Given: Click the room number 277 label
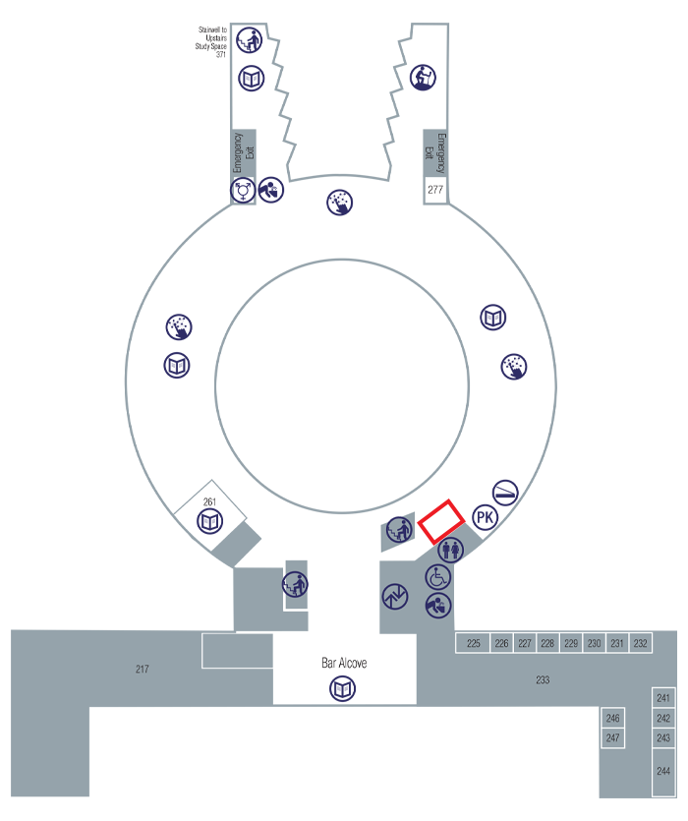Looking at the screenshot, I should [x=435, y=189].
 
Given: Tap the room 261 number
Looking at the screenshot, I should [x=209, y=502].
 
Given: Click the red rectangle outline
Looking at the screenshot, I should [x=441, y=521].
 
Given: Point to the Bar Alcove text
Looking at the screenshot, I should [x=344, y=664].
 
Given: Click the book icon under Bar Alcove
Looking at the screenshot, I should [x=342, y=689].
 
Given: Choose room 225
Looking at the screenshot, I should [x=473, y=644].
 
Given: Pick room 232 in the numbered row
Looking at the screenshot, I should [x=641, y=644].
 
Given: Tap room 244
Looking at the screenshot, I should [x=663, y=771].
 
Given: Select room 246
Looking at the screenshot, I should [x=613, y=719].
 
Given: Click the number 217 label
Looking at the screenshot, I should [x=143, y=670].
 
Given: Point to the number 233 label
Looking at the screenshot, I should [x=543, y=679].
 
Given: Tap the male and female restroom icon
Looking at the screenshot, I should [x=450, y=549].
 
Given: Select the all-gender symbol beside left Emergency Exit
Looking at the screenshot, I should [x=243, y=190].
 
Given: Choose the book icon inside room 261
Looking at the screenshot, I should [x=209, y=522].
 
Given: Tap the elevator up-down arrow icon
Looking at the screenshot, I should [x=395, y=596].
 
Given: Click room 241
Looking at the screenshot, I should [x=663, y=698].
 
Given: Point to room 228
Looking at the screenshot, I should [x=547, y=644].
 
